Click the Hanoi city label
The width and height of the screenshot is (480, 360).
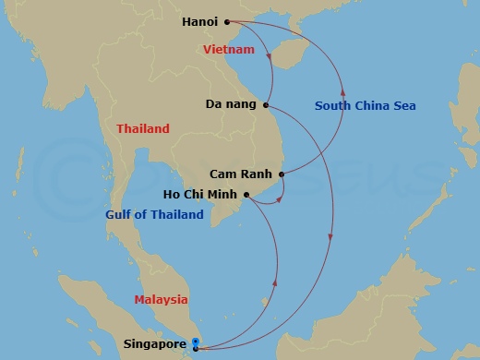200,21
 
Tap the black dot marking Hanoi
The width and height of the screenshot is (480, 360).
227,21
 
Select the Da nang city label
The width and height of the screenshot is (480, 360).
231,104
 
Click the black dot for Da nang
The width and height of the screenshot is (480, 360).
266,104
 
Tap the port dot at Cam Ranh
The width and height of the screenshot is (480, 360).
282,174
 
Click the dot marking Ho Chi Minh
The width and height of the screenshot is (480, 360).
246,194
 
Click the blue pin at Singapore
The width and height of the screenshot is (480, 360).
195,343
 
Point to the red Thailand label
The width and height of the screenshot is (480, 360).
143,129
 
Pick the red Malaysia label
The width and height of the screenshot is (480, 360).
161,300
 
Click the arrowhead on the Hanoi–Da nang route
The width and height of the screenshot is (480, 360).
269,60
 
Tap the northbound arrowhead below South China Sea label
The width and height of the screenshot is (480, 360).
342,91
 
